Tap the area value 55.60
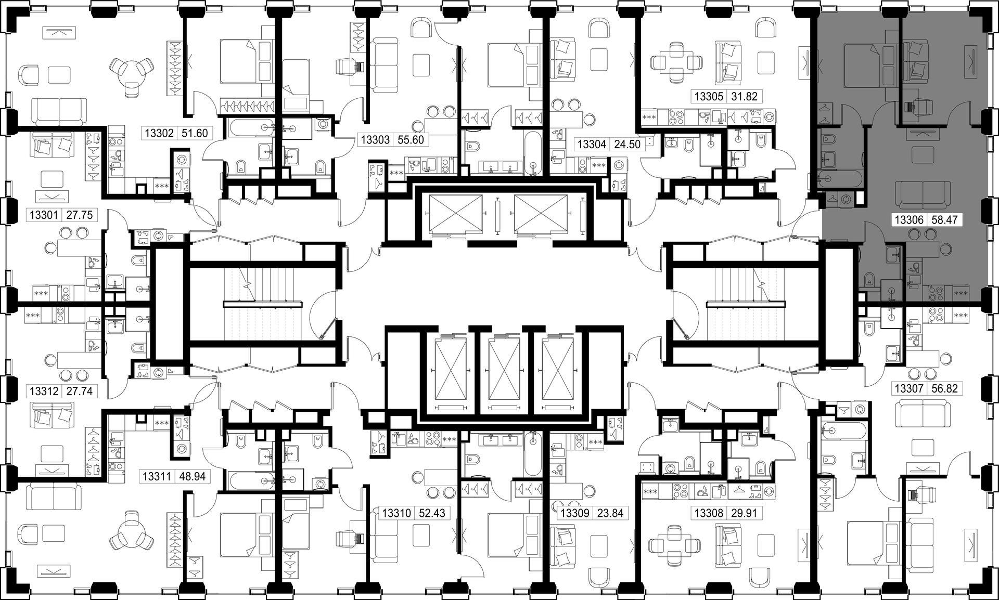(x=411, y=139)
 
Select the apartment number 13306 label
(x=909, y=220)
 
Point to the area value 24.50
(x=627, y=144)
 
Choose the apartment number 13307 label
(x=909, y=388)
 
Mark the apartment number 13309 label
(x=574, y=514)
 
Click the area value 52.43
(x=431, y=513)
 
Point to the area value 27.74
(x=79, y=391)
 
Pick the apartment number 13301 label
(x=45, y=215)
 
